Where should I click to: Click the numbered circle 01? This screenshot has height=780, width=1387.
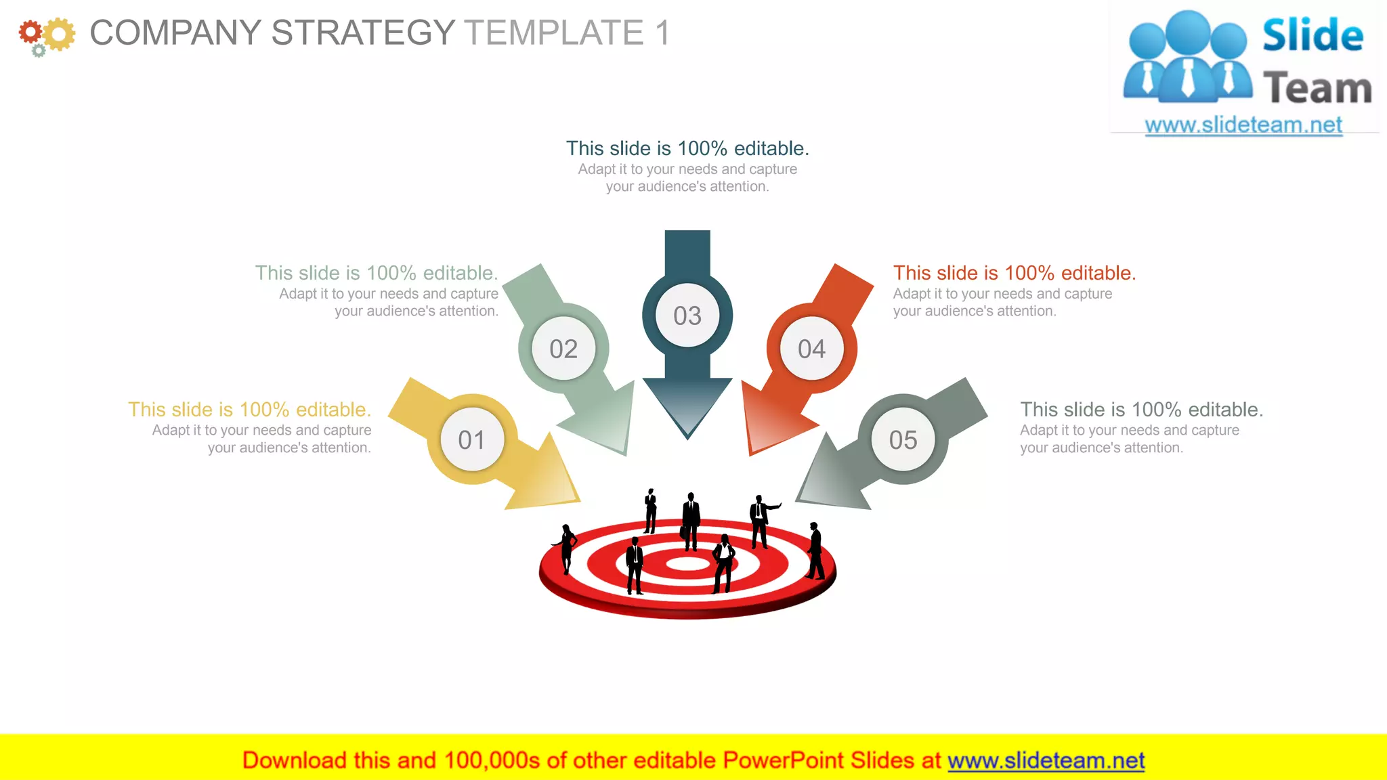click(x=471, y=439)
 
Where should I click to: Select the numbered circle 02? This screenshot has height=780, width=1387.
click(x=563, y=349)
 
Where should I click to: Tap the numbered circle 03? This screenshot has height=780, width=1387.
click(x=687, y=316)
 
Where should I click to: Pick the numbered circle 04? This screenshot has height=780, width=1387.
click(x=811, y=349)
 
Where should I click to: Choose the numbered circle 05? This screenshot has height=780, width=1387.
click(x=903, y=439)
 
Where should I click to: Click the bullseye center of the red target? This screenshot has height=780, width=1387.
click(x=687, y=563)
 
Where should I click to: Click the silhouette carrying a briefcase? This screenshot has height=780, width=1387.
click(x=690, y=520)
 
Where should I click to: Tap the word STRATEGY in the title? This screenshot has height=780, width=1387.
click(x=363, y=32)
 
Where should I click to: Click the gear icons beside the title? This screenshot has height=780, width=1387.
click(x=46, y=35)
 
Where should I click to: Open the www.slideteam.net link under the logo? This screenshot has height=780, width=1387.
click(x=1243, y=125)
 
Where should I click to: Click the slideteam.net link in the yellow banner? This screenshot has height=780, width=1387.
click(x=1046, y=760)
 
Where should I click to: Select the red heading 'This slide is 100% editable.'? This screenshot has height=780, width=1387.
click(x=1014, y=273)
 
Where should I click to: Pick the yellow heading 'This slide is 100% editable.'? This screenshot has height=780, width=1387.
click(x=249, y=410)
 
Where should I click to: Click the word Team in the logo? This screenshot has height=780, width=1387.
click(x=1317, y=88)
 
